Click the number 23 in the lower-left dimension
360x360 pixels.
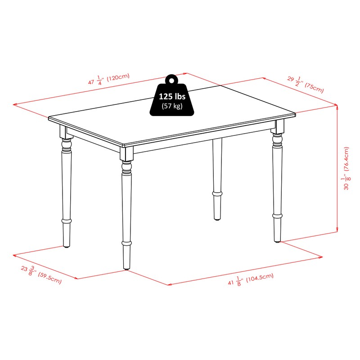click(x=24, y=269)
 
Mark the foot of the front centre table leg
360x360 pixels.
click(x=126, y=265)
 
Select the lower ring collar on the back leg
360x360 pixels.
click(x=218, y=193)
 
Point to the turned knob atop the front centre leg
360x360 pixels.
click(x=126, y=169)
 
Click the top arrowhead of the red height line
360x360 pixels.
click(x=337, y=106)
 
